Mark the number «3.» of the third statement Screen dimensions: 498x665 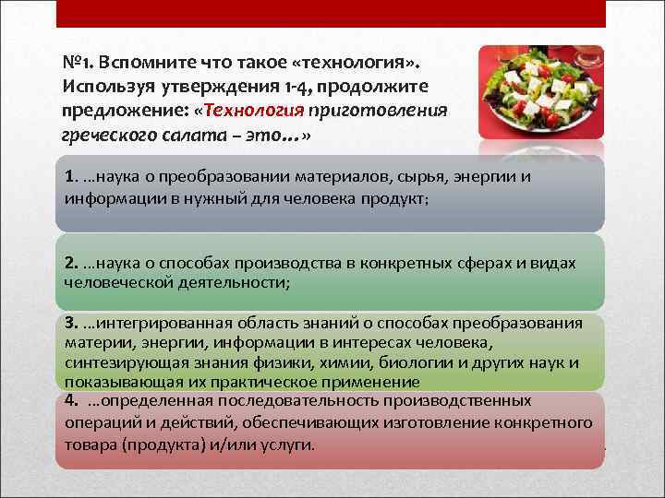tap(72, 324)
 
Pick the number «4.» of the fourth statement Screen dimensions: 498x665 tap(72, 401)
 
